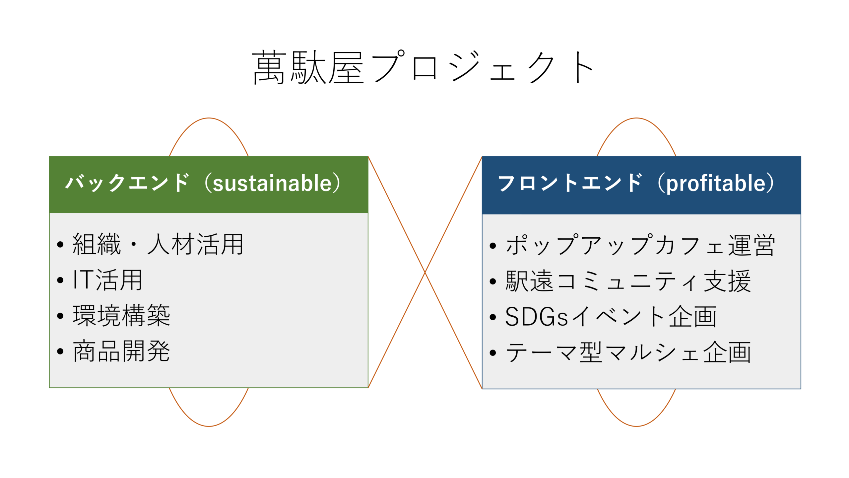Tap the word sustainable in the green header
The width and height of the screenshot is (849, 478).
[x=272, y=183]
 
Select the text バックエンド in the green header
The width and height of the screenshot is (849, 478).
[x=127, y=183]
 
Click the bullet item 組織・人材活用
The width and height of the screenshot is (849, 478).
[x=158, y=244]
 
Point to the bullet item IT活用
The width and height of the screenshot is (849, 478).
[x=107, y=280]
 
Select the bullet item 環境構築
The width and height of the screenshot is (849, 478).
[x=121, y=316]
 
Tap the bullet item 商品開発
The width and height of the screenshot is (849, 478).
[x=121, y=351]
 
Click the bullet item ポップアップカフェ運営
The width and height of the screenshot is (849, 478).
[x=640, y=245]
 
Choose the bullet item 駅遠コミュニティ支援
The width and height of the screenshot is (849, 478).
[x=628, y=281]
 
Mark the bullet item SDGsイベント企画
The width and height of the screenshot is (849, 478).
[x=611, y=317]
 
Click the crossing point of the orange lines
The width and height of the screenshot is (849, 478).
[x=425, y=272]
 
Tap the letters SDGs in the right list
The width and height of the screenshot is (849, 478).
[x=537, y=317]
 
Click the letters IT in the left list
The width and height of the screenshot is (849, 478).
[x=83, y=279]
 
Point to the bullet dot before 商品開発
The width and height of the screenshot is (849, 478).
[x=60, y=351]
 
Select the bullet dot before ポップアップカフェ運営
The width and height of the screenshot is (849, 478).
[x=493, y=246]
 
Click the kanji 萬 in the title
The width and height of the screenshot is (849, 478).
[x=269, y=67]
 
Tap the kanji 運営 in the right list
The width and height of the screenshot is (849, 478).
[x=751, y=245]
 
